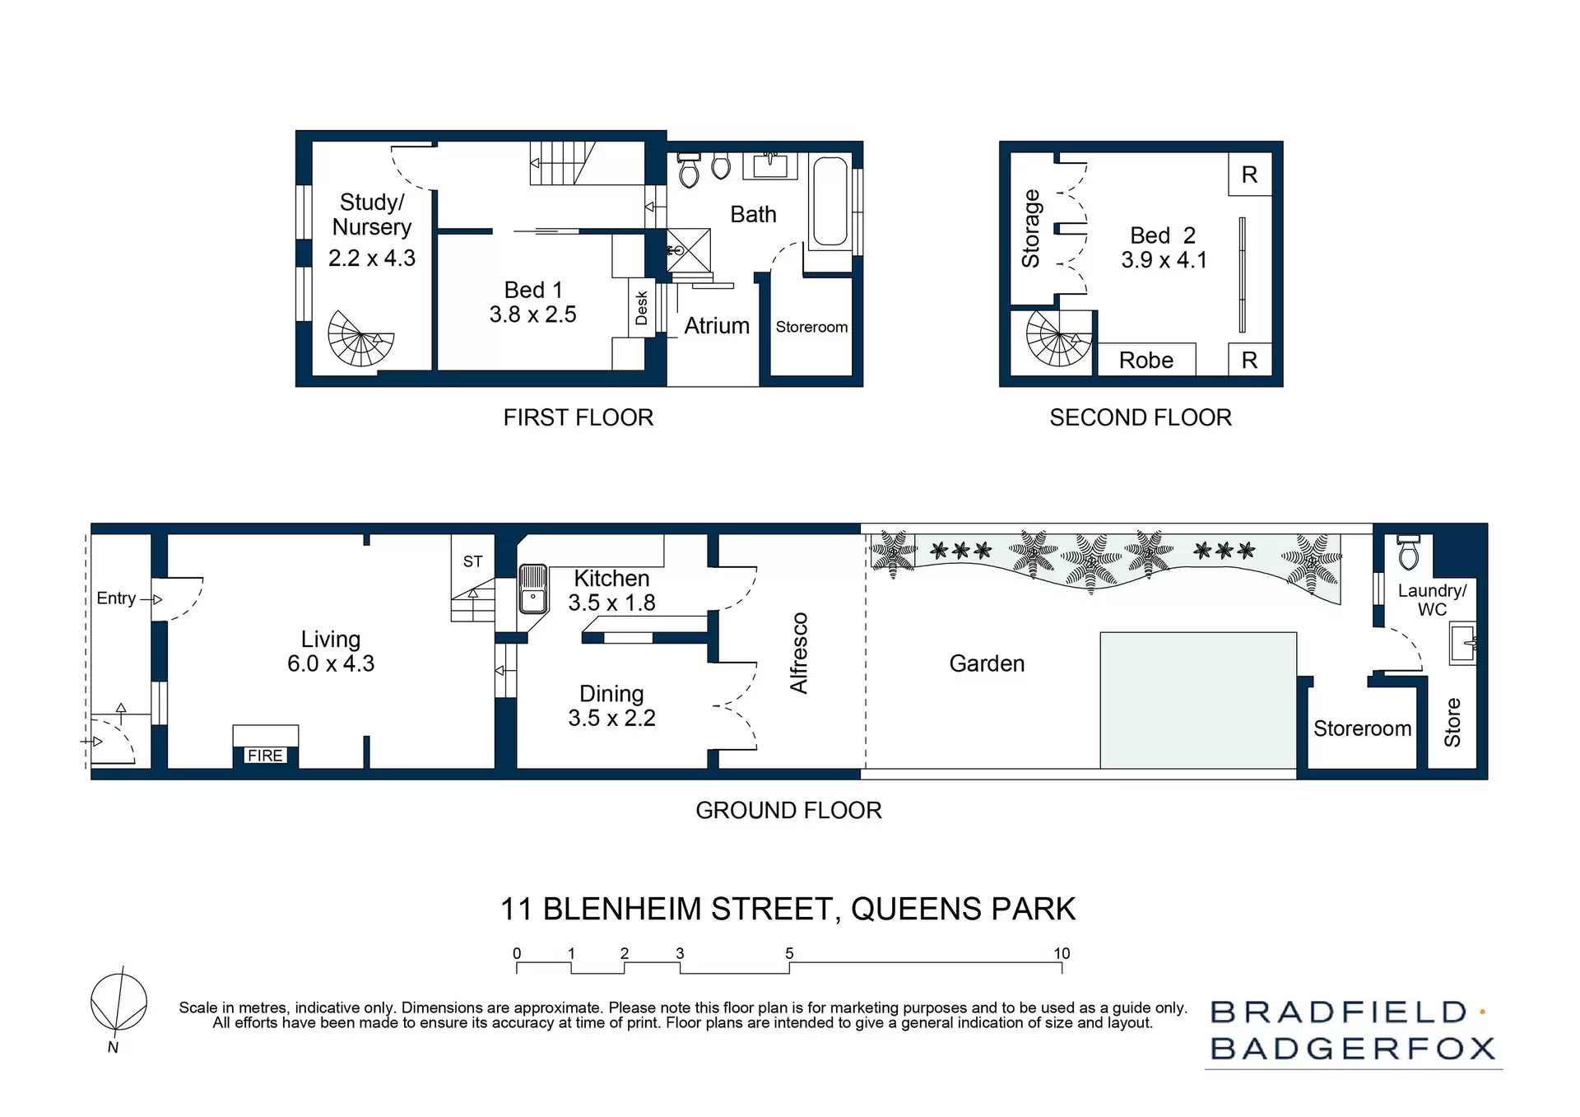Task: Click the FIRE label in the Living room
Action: pyautogui.click(x=265, y=756)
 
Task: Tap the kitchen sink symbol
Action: pyautogui.click(x=533, y=589)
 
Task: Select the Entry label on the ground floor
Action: pyautogui.click(x=116, y=598)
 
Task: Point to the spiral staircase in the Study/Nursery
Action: pyautogui.click(x=360, y=338)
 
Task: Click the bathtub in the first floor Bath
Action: pyautogui.click(x=829, y=202)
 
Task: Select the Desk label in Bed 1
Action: pyautogui.click(x=642, y=308)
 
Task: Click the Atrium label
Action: pyautogui.click(x=717, y=326)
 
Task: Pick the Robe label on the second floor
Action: pyautogui.click(x=1145, y=361)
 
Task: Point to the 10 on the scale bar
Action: pyautogui.click(x=1062, y=953)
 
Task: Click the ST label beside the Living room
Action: pyautogui.click(x=472, y=561)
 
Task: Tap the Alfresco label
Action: pyautogui.click(x=799, y=653)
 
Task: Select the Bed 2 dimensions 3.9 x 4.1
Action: pyautogui.click(x=1164, y=260)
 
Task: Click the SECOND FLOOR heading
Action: pyautogui.click(x=1140, y=417)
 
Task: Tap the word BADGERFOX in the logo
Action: pyautogui.click(x=1353, y=1049)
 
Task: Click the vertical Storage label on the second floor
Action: pyautogui.click(x=1031, y=229)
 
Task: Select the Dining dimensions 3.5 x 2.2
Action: pyautogui.click(x=611, y=718)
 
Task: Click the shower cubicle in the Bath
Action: pyautogui.click(x=688, y=249)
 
